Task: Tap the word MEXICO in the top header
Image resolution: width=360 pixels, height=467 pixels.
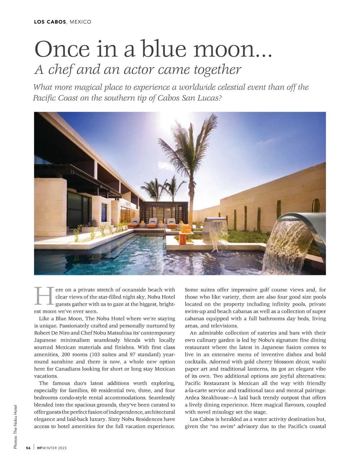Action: pos(80,22)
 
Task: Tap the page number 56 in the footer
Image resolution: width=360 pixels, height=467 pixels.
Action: pos(28,448)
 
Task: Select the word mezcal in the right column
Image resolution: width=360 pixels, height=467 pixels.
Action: pos(290,391)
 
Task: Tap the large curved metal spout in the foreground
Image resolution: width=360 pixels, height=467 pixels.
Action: pos(303,219)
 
